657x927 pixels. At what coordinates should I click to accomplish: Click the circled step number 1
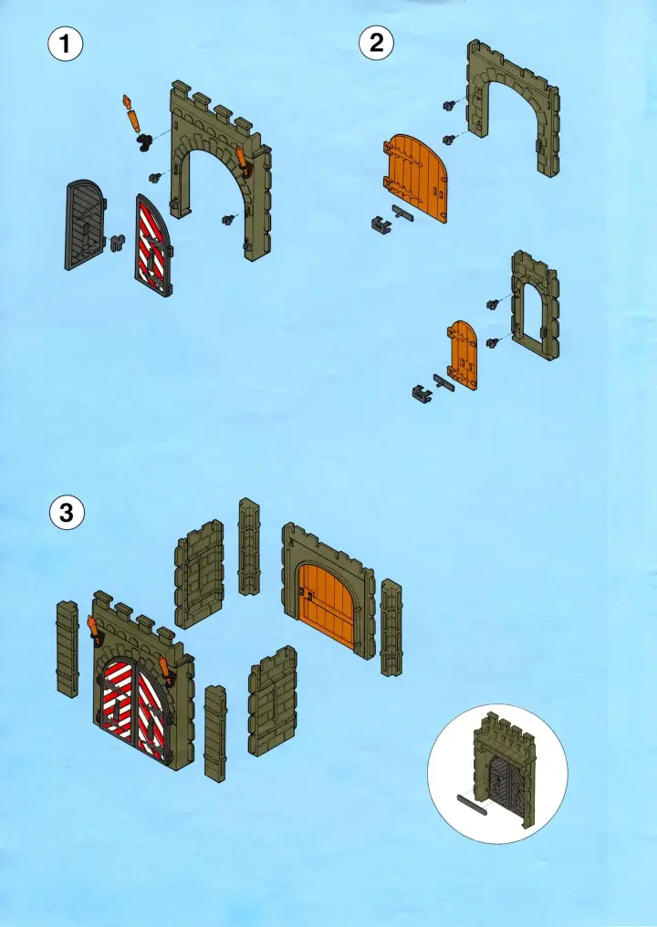(x=65, y=45)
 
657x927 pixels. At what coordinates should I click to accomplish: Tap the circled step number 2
(x=376, y=43)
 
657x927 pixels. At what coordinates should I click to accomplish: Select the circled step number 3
(x=67, y=512)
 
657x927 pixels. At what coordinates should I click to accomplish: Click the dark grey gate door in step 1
(x=85, y=225)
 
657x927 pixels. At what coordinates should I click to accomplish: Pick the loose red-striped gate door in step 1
(x=153, y=245)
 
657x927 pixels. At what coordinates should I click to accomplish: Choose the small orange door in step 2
(x=463, y=355)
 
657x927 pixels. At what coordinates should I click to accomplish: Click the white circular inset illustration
(x=497, y=774)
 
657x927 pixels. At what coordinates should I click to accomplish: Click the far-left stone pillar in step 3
(x=68, y=649)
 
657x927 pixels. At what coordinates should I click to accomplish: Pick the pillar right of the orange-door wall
(x=391, y=628)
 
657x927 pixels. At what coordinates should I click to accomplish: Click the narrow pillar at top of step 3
(x=249, y=547)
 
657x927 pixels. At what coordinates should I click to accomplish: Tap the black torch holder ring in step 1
(x=143, y=142)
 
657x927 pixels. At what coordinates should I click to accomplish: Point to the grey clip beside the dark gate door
(x=118, y=243)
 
